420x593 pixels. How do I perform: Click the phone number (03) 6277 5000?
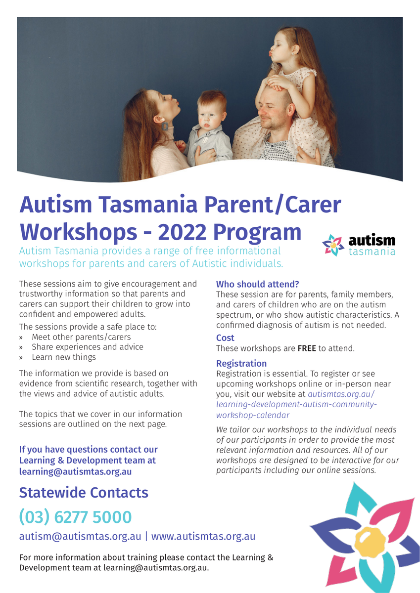point(75,517)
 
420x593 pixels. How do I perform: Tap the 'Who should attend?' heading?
point(258,284)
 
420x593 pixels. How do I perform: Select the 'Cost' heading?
point(225,338)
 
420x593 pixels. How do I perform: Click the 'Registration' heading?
point(241,364)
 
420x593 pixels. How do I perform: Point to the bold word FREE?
point(307,348)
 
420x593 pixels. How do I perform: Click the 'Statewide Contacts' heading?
point(84,492)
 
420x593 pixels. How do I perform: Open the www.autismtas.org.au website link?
point(203,536)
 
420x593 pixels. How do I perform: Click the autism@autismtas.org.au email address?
point(80,536)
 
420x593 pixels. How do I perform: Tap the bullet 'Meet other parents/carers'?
point(81,337)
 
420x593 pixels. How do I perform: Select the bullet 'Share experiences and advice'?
point(88,347)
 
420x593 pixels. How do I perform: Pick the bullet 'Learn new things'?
point(64,357)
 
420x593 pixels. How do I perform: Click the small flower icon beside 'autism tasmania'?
point(333,245)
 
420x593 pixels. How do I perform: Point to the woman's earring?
point(165,127)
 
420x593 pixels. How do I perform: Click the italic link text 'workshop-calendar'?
point(253,415)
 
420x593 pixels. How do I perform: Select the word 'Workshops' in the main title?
point(79,232)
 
